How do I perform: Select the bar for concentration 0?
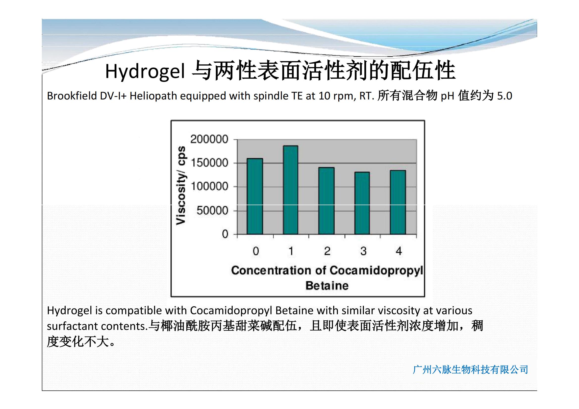click(x=255, y=196)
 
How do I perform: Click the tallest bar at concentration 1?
click(x=291, y=190)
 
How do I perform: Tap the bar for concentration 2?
click(x=326, y=201)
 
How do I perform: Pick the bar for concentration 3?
click(x=362, y=203)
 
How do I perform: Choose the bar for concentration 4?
click(x=398, y=202)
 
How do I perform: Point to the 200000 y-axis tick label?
click(x=209, y=139)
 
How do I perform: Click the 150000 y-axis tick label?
click(x=209, y=163)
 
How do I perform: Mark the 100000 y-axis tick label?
click(x=209, y=187)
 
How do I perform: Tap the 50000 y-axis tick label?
click(x=212, y=210)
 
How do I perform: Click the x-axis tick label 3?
click(x=363, y=251)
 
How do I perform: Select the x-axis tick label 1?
click(x=291, y=251)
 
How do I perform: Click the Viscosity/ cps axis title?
click(x=181, y=185)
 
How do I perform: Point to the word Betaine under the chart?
click(x=327, y=286)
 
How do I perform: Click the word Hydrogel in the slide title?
click(x=145, y=72)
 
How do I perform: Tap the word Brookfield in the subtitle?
click(x=72, y=96)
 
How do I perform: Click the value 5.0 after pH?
click(x=504, y=96)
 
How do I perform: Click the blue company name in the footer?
click(x=470, y=370)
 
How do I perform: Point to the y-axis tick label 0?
click(x=225, y=234)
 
